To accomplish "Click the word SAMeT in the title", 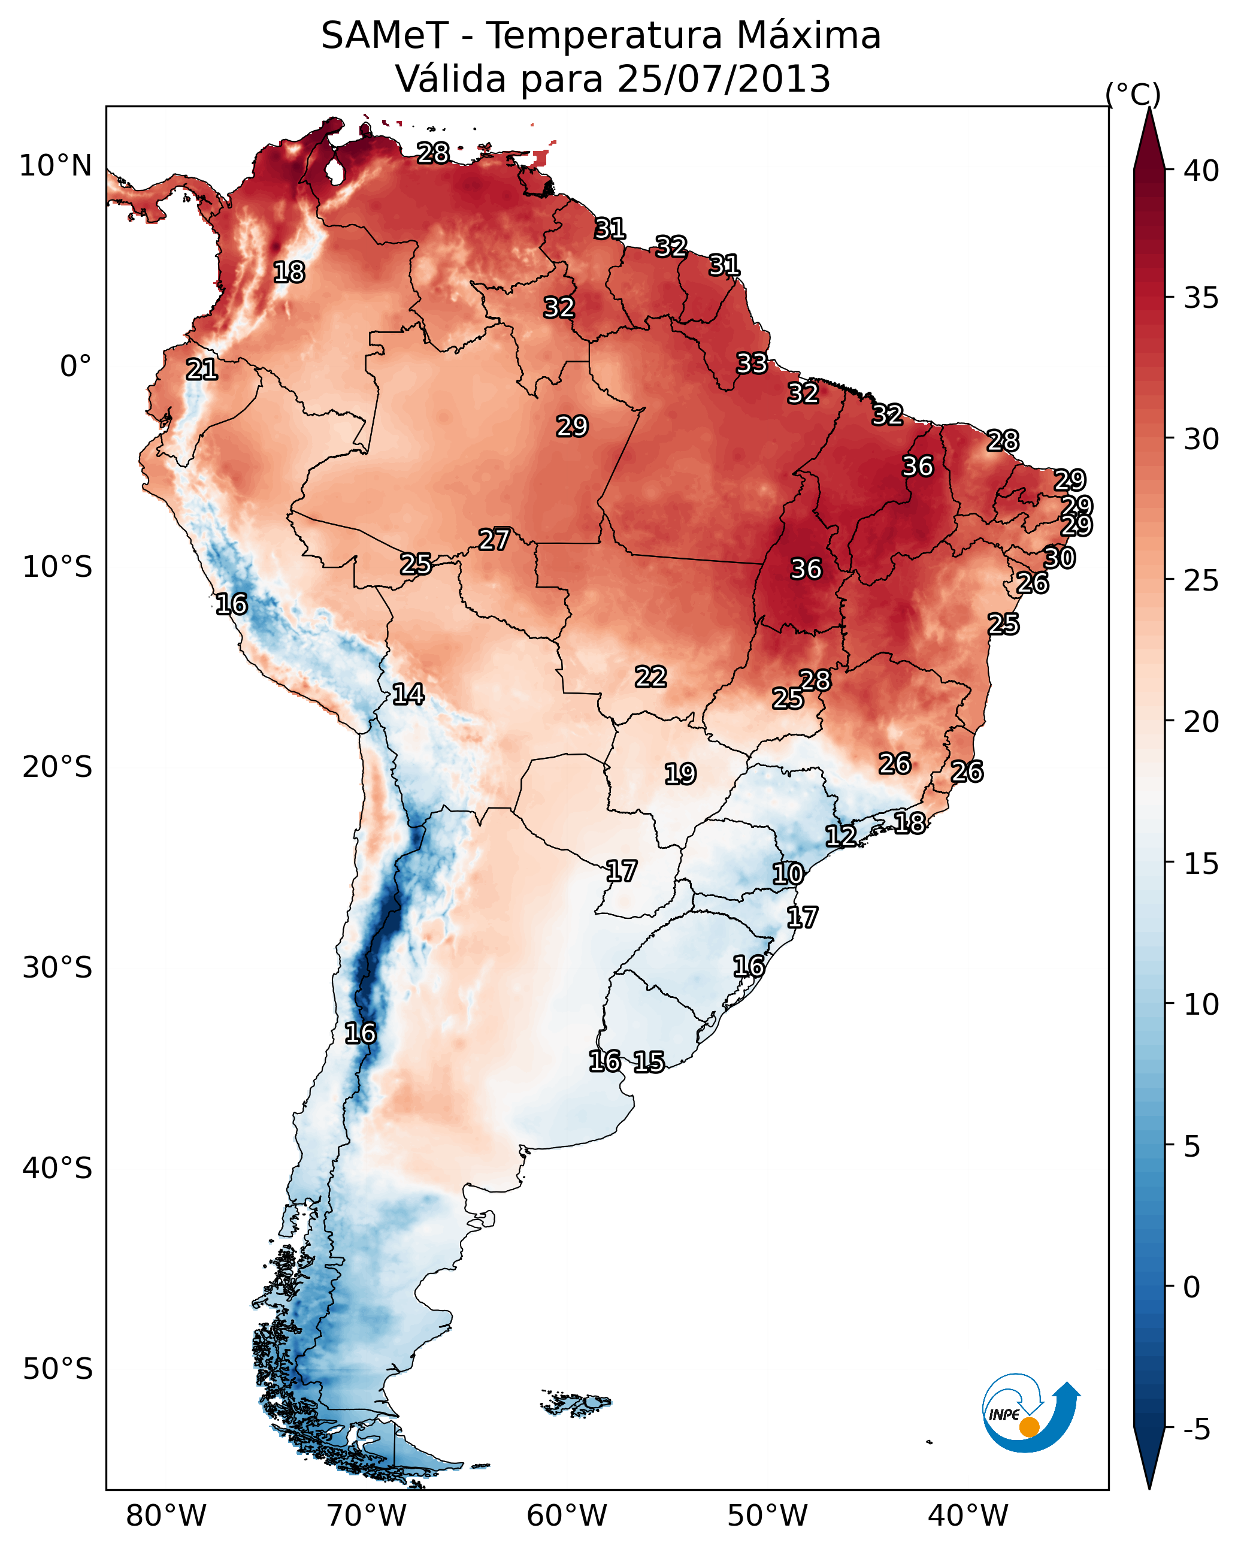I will (385, 36).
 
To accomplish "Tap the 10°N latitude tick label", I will (55, 166).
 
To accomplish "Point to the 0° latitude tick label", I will (75, 367).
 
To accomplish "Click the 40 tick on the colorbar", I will (1201, 171).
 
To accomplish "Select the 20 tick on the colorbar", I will (1201, 721).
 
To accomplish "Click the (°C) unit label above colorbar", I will (1133, 94).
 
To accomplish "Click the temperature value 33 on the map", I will (752, 364).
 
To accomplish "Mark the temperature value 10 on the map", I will (788, 875).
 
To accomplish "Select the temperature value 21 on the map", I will (202, 370).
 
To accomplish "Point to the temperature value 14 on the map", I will (408, 694).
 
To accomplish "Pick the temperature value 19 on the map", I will (680, 774).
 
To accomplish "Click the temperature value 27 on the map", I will (494, 540).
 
